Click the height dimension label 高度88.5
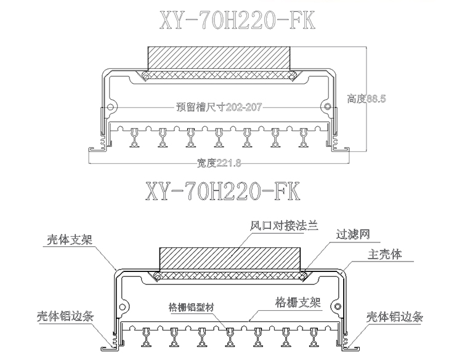coord(366,98)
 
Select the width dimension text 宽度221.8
coord(219,162)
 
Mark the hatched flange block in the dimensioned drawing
coord(219,58)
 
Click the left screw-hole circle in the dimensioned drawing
coord(111,107)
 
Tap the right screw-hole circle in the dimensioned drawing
coord(327,107)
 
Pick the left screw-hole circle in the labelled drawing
coord(124,306)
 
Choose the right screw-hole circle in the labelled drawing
coord(336,306)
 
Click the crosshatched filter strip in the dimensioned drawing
coord(219,76)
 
